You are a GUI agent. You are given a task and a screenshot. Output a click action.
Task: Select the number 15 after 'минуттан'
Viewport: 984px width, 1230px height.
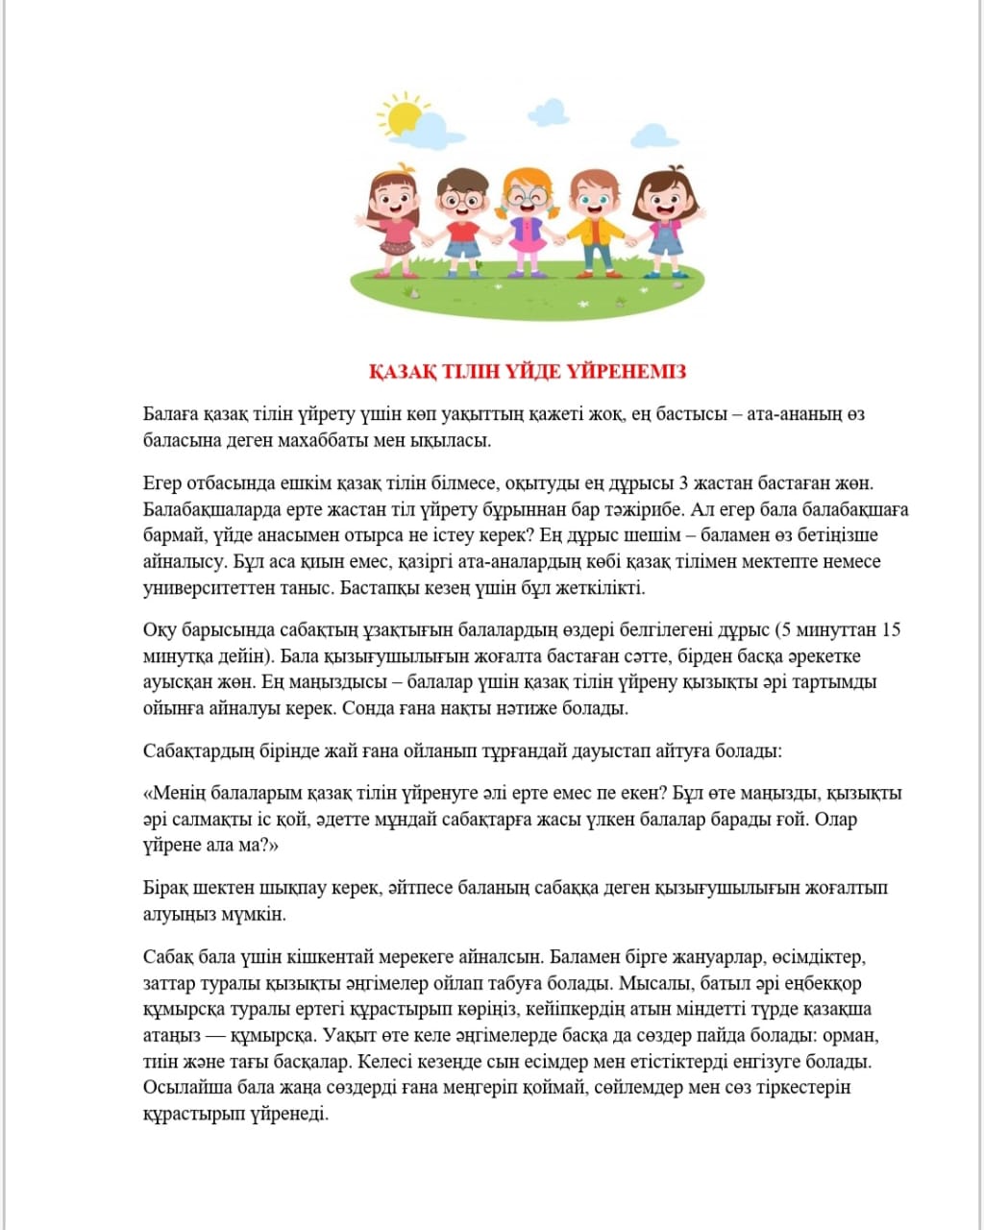[x=891, y=630]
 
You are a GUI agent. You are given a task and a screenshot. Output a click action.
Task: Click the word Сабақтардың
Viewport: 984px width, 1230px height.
[x=197, y=750]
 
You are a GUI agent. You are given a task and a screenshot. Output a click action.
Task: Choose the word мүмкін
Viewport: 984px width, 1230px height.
[x=259, y=914]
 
